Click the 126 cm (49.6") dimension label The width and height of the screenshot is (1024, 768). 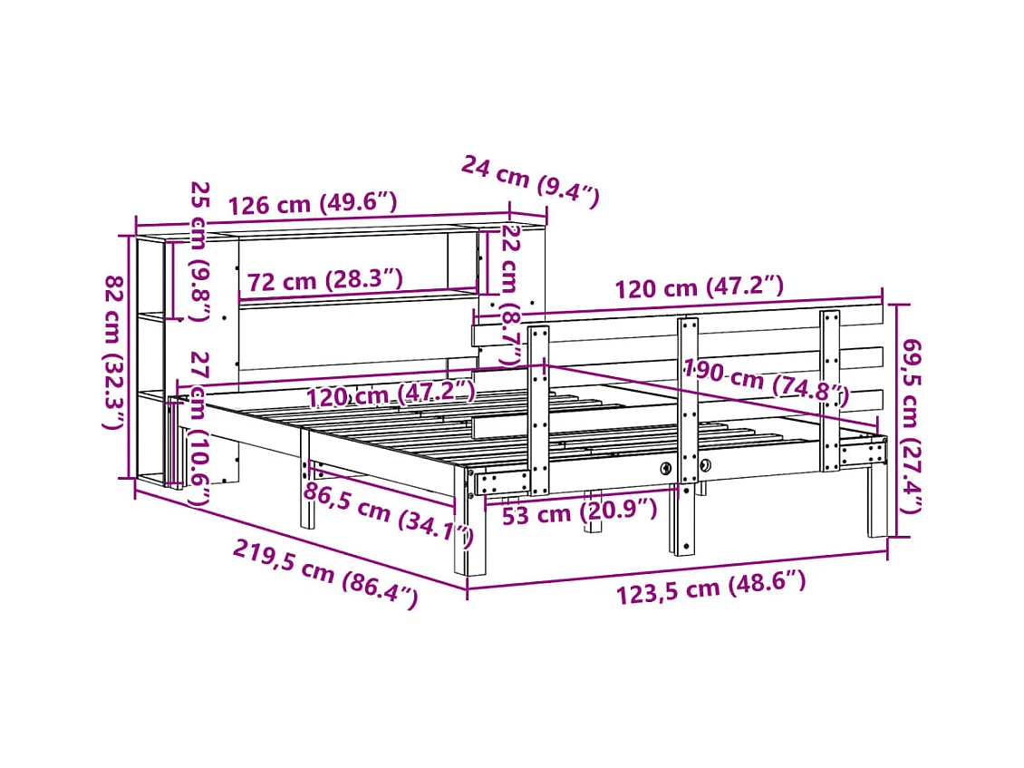(x=312, y=203)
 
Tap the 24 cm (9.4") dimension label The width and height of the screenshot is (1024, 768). (x=529, y=181)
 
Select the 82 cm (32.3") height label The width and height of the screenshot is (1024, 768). (x=113, y=353)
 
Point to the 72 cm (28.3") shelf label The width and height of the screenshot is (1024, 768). (x=324, y=280)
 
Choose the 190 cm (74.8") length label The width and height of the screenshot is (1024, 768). (x=766, y=382)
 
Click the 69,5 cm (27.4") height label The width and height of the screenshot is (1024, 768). (x=912, y=426)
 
